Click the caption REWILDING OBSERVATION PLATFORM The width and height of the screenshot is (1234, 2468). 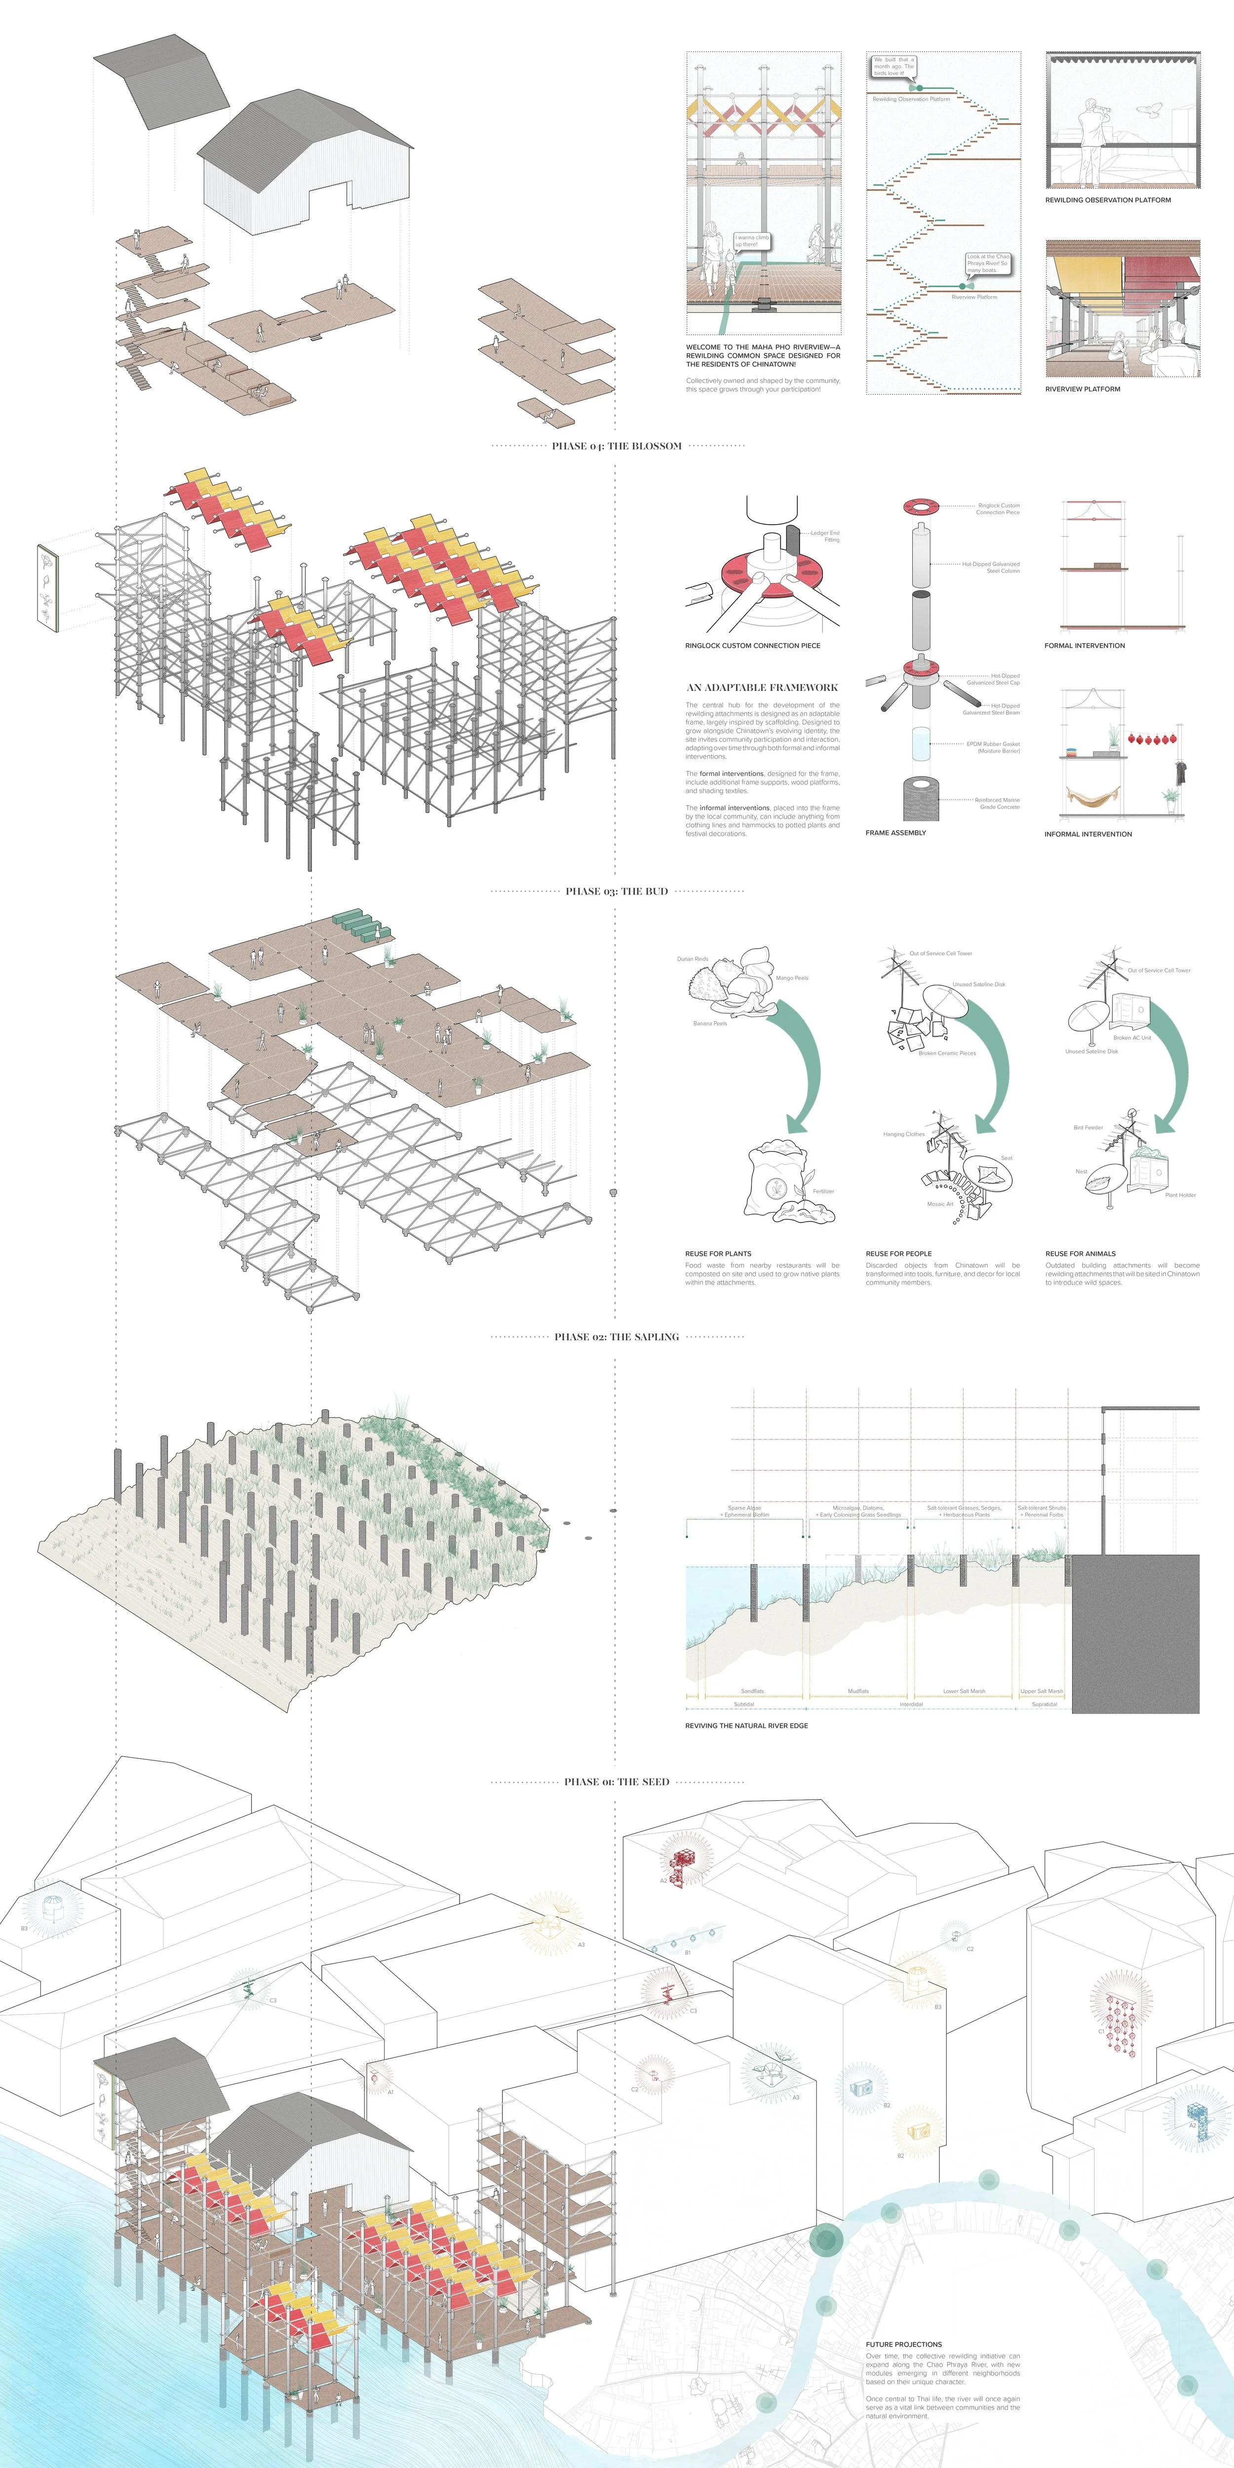pos(1108,200)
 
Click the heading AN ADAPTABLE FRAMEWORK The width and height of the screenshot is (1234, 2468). pos(762,687)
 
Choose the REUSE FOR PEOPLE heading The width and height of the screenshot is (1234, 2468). pos(898,1253)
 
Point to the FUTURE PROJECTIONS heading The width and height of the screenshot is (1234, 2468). pos(903,2345)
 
